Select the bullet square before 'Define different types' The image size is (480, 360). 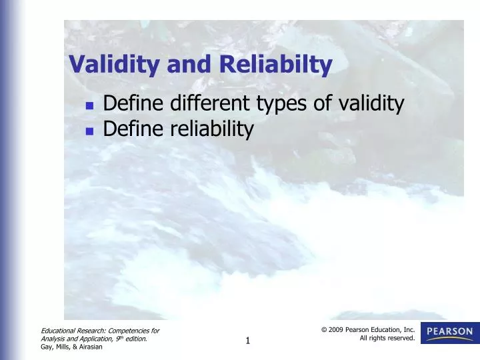click(89, 105)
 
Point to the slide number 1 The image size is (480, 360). click(247, 341)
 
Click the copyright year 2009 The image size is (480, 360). click(335, 329)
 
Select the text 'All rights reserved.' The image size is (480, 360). click(387, 338)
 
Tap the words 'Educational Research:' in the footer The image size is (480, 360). click(69, 330)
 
